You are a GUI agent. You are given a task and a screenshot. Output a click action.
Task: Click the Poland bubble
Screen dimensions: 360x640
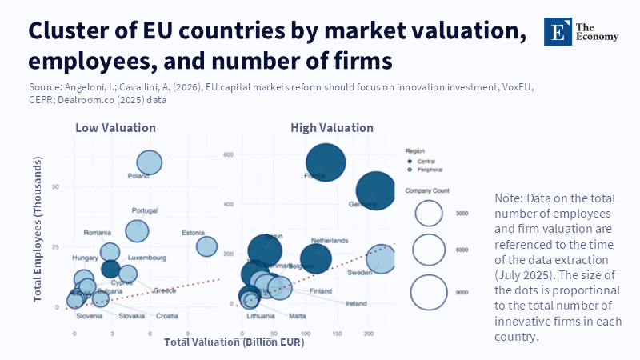click(149, 162)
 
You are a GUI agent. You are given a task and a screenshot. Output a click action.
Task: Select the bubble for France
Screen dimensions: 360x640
click(326, 162)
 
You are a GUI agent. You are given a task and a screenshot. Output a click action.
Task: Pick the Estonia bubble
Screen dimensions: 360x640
click(206, 246)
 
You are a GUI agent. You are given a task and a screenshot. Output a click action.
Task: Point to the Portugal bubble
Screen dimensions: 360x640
click(138, 230)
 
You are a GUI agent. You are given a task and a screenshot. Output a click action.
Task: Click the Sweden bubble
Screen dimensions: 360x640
click(382, 258)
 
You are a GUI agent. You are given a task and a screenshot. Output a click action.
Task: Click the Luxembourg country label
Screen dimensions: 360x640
click(146, 258)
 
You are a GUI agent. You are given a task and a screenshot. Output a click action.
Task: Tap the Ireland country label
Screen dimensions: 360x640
click(356, 304)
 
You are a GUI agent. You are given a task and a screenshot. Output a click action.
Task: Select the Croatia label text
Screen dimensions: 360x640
click(167, 316)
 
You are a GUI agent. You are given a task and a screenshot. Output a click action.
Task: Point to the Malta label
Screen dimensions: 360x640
click(297, 316)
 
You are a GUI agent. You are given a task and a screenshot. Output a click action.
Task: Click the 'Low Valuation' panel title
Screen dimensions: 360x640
click(115, 128)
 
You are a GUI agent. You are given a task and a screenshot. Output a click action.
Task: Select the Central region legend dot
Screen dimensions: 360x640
click(410, 161)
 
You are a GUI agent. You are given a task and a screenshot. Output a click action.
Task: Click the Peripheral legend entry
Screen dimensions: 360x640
click(430, 170)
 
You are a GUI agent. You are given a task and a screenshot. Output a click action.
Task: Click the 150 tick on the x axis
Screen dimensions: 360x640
click(337, 332)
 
